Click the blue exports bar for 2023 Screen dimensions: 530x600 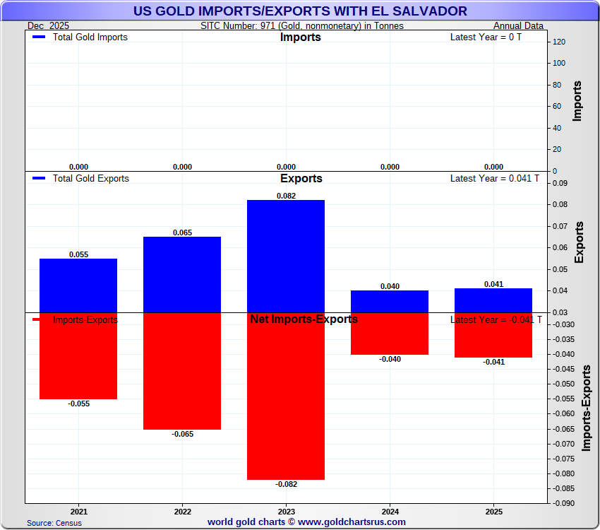(286, 256)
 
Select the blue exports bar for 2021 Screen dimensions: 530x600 (78, 285)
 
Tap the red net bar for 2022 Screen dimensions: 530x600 (182, 371)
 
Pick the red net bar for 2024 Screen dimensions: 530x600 (390, 334)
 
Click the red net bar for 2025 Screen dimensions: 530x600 (493, 335)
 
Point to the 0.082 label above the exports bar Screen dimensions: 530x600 (286, 195)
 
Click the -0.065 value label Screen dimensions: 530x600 (182, 434)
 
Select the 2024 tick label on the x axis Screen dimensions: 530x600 (390, 510)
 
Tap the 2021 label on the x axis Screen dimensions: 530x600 (78, 510)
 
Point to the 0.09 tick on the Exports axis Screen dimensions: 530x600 (559, 183)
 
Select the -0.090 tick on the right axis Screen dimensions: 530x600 (563, 503)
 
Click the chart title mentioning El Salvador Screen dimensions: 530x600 (300, 11)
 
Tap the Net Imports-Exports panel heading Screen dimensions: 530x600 (304, 319)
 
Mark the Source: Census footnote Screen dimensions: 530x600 (54, 523)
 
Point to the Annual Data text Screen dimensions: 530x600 (518, 26)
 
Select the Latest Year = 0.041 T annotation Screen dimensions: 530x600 (494, 178)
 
